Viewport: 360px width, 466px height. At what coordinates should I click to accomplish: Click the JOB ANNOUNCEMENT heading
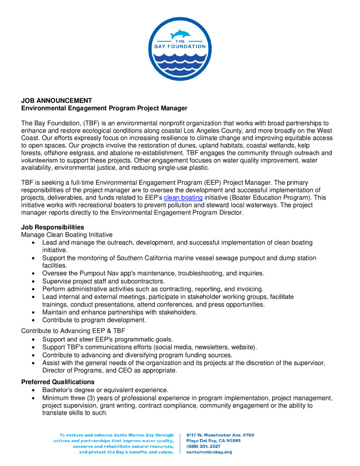tap(56, 101)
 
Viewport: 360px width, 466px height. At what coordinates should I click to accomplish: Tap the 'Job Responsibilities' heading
tap(52, 227)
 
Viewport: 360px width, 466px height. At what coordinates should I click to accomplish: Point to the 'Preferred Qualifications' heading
tap(58, 382)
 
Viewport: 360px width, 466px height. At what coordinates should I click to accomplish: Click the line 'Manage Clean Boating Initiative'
tap(66, 234)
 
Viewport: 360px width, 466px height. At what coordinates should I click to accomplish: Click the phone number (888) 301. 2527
tap(203, 446)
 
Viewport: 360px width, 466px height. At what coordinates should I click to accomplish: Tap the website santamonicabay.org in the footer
tap(209, 452)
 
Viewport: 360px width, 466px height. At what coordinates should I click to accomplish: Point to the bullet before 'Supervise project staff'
tap(34, 281)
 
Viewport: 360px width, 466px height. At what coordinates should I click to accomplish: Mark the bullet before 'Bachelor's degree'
tap(34, 390)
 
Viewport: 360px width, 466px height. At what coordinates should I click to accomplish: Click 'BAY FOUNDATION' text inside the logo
tap(178, 46)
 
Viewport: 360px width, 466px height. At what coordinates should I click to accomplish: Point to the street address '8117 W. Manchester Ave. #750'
tap(220, 435)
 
